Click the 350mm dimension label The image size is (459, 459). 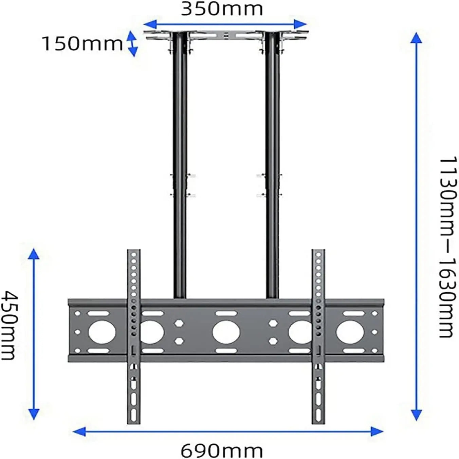[x=222, y=9]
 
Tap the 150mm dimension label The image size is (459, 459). [x=82, y=44]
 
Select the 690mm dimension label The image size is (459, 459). [x=222, y=451]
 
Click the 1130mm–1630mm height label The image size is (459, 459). [x=447, y=247]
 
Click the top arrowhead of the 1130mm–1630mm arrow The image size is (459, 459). [x=416, y=38]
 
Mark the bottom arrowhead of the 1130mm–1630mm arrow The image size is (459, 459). [x=416, y=415]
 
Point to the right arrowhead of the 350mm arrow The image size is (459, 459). [x=301, y=24]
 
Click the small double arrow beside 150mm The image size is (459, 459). [x=132, y=43]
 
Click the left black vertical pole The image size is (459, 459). [x=180, y=163]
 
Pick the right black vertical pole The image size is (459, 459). [x=272, y=163]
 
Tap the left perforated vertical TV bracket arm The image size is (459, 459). [x=133, y=336]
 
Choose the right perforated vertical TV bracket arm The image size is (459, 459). [x=318, y=336]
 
